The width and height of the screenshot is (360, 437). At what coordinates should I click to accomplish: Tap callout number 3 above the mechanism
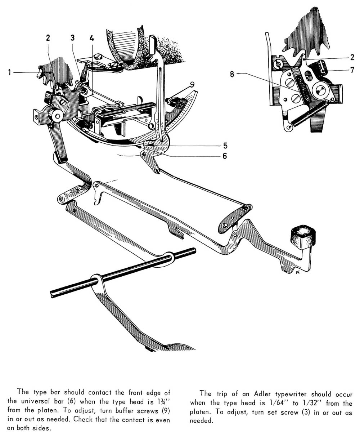(x=72, y=38)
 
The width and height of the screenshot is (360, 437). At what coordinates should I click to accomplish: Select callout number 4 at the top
(x=91, y=37)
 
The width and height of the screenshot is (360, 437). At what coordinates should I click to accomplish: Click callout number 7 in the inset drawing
(x=352, y=70)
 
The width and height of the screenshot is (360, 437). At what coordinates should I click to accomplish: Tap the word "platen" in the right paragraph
(x=201, y=412)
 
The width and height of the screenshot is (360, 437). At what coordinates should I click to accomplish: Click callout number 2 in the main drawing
(x=48, y=38)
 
